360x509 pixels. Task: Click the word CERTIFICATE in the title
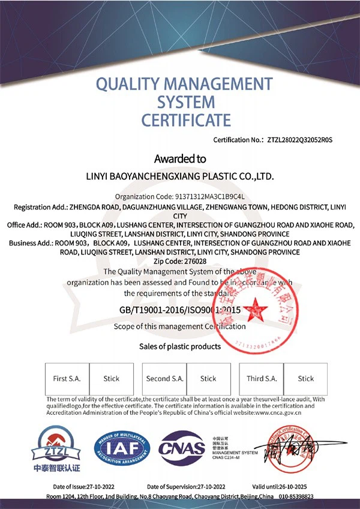coord(186,119)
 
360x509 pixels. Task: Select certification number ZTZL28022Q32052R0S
coord(298,140)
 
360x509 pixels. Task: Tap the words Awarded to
coord(180,159)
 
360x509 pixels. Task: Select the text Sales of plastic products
coord(180,346)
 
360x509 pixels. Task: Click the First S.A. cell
coord(67,379)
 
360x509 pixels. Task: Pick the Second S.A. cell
coord(164,379)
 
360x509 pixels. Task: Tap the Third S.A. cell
coord(262,379)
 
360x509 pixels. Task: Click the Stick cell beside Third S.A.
coord(306,379)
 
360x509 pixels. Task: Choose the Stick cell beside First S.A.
coord(112,379)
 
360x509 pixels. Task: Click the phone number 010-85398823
coord(293,497)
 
